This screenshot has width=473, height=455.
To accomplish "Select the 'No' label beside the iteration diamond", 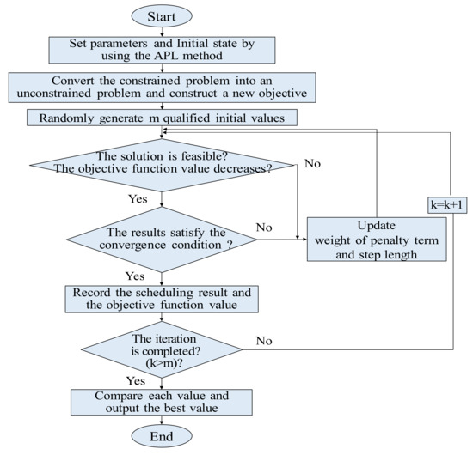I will (265, 341).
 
